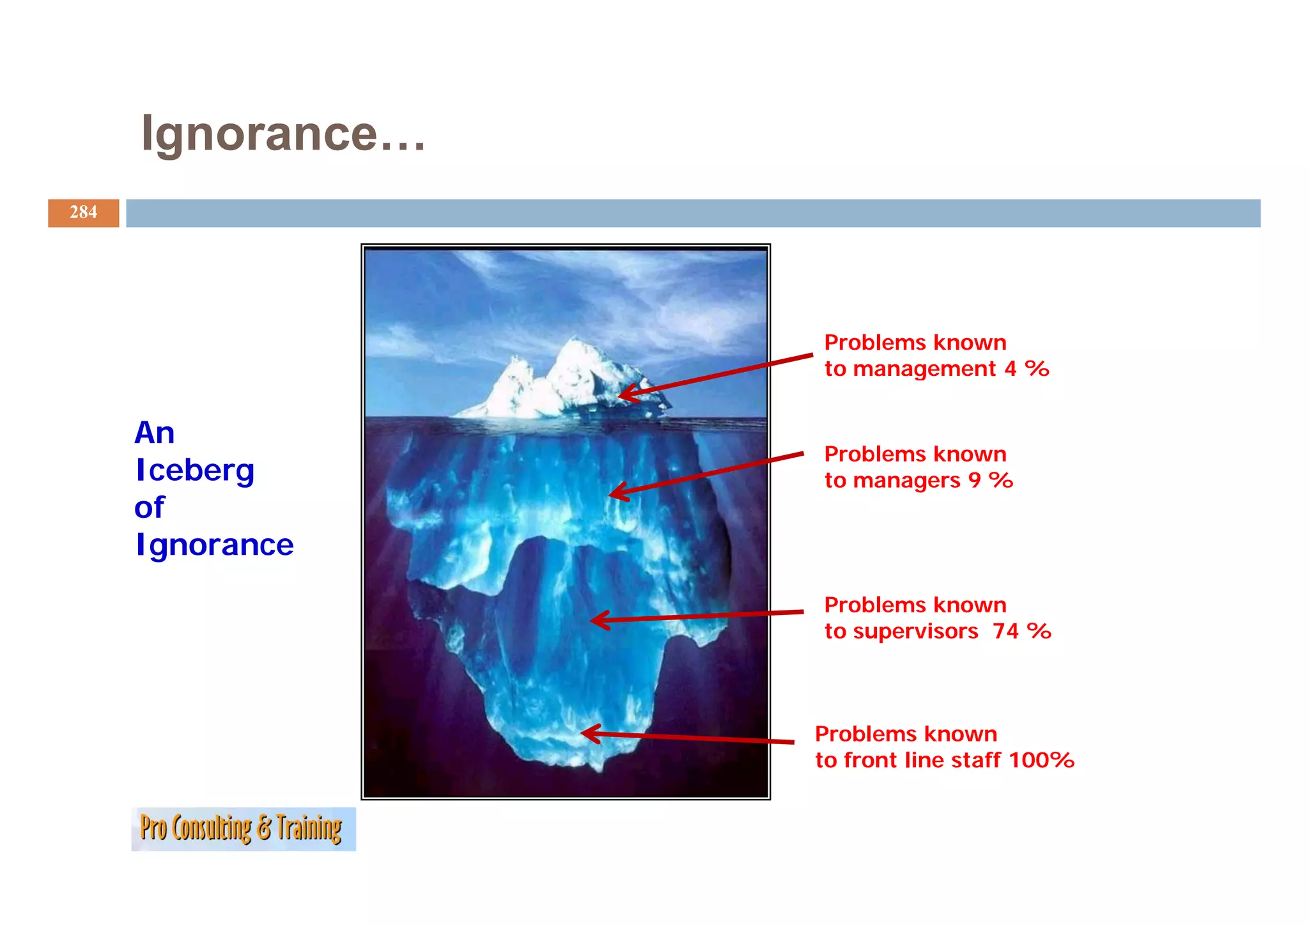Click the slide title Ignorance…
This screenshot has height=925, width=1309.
(x=283, y=134)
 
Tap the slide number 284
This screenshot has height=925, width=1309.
(x=83, y=212)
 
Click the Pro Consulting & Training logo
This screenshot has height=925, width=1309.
(x=243, y=828)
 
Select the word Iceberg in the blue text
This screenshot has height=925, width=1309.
(x=195, y=471)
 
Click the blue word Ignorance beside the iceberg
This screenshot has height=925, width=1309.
(x=215, y=545)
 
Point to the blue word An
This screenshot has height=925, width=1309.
(x=154, y=433)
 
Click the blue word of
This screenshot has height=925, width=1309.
(x=149, y=508)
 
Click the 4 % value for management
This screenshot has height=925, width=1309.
(x=1026, y=369)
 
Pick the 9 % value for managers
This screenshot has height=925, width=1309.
(x=991, y=480)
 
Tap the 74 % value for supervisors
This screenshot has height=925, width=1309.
(x=1021, y=631)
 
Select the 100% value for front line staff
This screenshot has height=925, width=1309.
(x=1041, y=760)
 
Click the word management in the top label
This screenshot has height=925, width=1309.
(x=924, y=369)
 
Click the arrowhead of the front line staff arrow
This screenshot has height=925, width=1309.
(x=587, y=733)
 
